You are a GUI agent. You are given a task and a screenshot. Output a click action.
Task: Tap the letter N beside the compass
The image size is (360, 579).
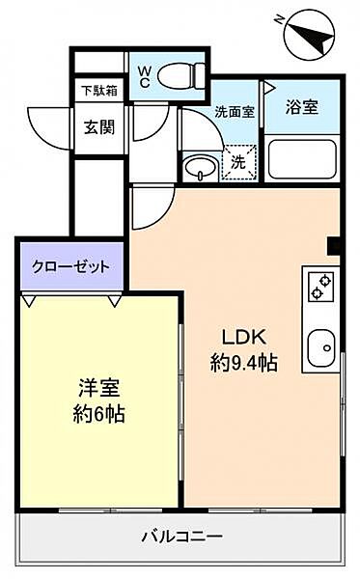coord(279,17)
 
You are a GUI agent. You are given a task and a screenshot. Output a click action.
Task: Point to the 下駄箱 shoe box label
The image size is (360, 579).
coord(98,91)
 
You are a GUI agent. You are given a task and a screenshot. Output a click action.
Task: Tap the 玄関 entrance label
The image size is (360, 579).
coord(98,126)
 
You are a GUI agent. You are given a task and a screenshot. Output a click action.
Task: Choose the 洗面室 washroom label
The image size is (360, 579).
coord(235,111)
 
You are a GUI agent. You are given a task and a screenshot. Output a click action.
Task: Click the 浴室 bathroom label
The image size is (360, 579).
coord(301,108)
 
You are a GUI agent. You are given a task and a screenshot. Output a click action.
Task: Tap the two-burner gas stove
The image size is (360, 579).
coord(320,286)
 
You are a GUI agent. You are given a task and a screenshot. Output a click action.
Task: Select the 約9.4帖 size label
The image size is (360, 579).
coord(245,364)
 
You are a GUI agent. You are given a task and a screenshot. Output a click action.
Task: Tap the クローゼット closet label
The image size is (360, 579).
coord(70,266)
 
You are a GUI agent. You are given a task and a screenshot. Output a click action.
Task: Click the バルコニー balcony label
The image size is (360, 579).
coord(181,536)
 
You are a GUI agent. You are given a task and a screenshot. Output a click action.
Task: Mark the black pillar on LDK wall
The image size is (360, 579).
coord(334,245)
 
